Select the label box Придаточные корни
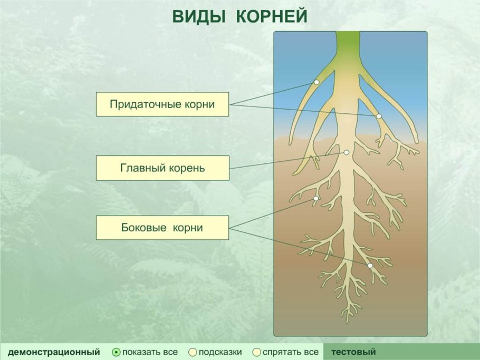click(x=162, y=104)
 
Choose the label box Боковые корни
click(x=162, y=228)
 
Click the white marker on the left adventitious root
click(x=316, y=82)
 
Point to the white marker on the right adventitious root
click(x=379, y=116)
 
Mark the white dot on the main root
click(x=347, y=152)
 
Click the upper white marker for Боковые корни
click(x=315, y=199)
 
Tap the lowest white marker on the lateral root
click(x=370, y=266)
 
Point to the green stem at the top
click(x=348, y=42)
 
